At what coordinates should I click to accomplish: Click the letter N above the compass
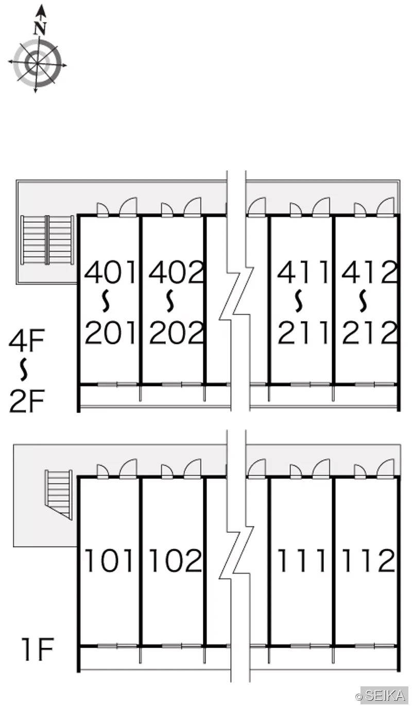coord(40,28)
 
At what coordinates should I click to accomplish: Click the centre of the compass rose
coord(37,63)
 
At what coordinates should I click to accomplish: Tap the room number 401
coord(110,272)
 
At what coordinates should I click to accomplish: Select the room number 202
coord(176,332)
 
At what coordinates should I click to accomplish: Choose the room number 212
coord(369,332)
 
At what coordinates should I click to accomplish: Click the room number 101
coord(109,561)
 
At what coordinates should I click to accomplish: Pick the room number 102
coord(176,561)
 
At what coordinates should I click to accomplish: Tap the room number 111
coord(301,561)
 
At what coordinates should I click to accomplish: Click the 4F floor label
coord(26,340)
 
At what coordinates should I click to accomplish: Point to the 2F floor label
coord(26,401)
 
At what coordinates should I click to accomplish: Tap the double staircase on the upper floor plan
coord(47,240)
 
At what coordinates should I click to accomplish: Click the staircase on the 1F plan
coord(58,495)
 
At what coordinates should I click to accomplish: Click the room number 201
coord(110,332)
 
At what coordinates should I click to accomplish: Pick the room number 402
coord(176,272)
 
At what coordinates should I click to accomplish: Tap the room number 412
coord(369,272)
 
